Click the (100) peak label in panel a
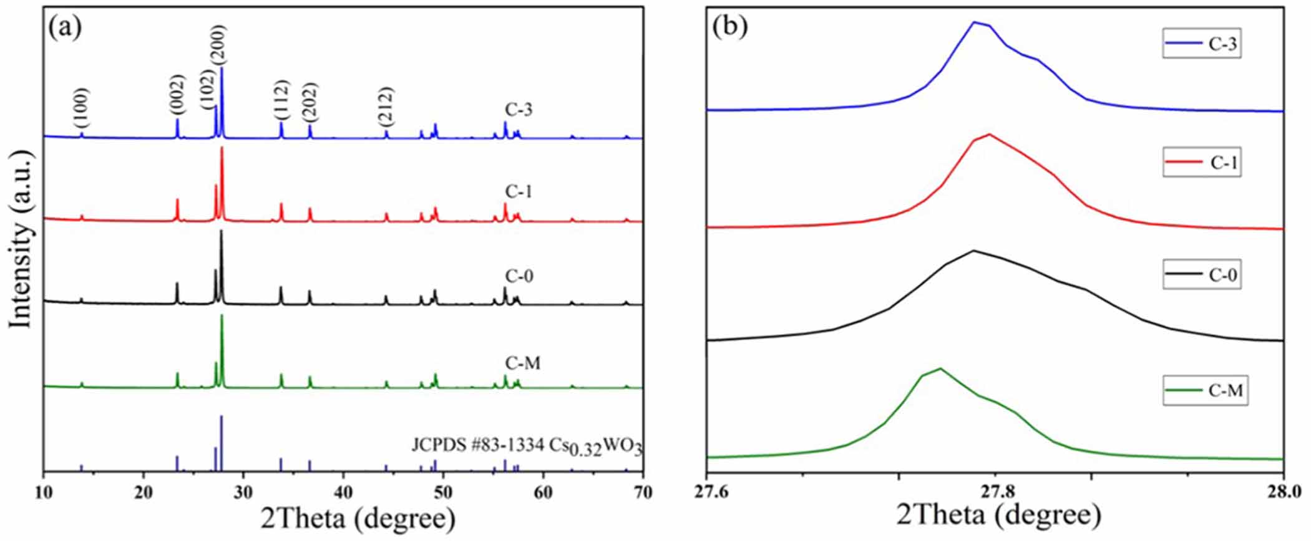(81, 108)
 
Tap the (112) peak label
(281, 100)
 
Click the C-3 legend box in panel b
(1201, 44)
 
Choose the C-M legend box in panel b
(1205, 391)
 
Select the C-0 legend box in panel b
(1201, 275)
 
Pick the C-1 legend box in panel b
(1201, 163)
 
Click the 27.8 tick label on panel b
(995, 492)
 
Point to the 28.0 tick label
(1282, 492)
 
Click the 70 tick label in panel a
(643, 492)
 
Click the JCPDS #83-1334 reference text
(527, 446)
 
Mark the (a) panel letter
(65, 27)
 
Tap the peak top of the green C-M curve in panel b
(940, 368)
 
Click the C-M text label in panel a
(523, 363)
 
